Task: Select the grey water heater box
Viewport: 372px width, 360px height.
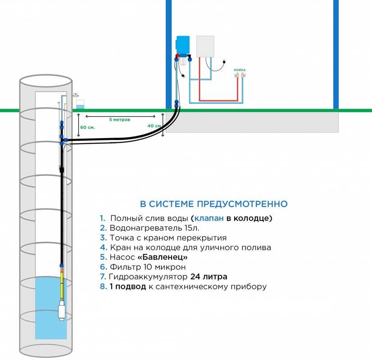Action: pyautogui.click(x=205, y=47)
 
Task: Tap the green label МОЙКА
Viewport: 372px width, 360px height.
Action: pyautogui.click(x=240, y=70)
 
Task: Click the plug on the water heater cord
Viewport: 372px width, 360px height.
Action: pyautogui.click(x=222, y=62)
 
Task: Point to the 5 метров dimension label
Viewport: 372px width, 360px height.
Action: pyautogui.click(x=120, y=120)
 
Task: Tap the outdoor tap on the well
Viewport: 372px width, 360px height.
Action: pyautogui.click(x=76, y=95)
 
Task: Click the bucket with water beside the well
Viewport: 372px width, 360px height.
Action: pyautogui.click(x=80, y=105)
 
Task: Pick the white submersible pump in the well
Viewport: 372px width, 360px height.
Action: pyautogui.click(x=62, y=311)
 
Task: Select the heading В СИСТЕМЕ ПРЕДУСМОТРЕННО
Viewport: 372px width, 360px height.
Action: pyautogui.click(x=214, y=204)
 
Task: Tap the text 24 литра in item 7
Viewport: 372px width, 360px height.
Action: pyautogui.click(x=209, y=277)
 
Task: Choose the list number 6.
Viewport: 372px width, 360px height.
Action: pyautogui.click(x=103, y=267)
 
